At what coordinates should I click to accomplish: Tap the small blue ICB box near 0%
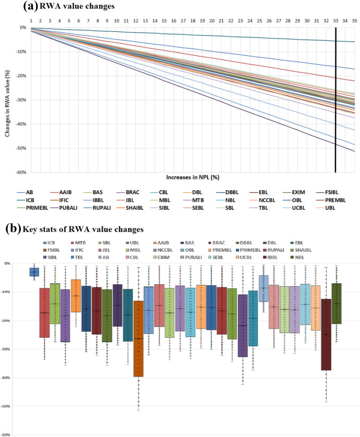tap(34, 272)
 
